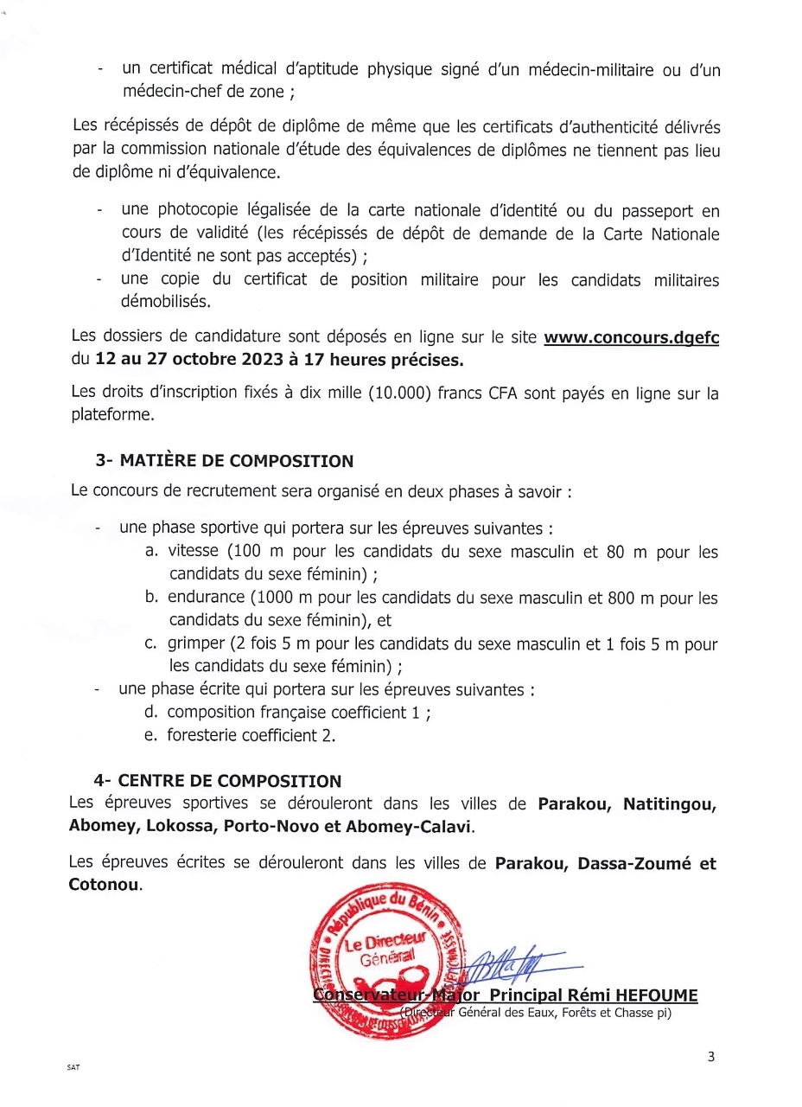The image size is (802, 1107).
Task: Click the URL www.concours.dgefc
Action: click(631, 337)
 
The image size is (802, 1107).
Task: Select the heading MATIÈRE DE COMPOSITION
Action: click(235, 461)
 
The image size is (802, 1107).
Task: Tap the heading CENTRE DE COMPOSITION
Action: click(229, 782)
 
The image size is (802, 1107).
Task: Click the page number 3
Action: click(711, 1056)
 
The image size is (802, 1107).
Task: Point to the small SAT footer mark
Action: click(73, 1067)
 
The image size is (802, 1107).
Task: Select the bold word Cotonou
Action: click(104, 886)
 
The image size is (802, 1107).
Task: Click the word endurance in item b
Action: click(207, 598)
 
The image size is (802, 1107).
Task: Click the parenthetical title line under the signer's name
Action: click(536, 1013)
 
